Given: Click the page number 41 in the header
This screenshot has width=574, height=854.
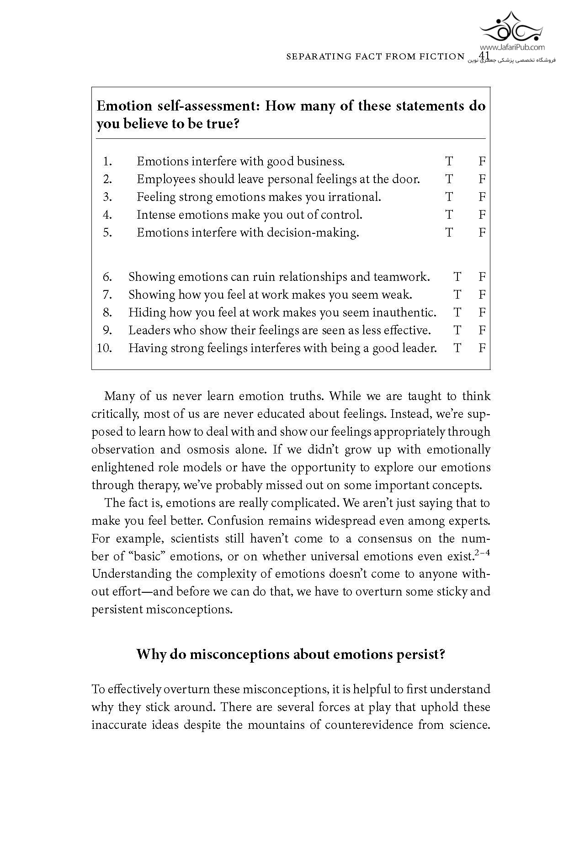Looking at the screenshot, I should tap(484, 56).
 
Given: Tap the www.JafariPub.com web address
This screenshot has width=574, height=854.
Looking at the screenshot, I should tap(512, 47).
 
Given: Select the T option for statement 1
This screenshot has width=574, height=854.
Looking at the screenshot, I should tap(449, 161).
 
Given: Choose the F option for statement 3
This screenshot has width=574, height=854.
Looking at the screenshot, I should tap(482, 197).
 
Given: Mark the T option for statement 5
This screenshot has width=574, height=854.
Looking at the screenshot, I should tap(449, 232).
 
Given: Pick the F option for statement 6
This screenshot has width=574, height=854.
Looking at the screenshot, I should tap(482, 277).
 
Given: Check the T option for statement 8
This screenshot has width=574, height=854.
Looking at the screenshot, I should tap(457, 312).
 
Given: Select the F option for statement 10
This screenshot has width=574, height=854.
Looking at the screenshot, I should tap(482, 348).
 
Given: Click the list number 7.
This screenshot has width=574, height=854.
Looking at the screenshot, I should tap(107, 295).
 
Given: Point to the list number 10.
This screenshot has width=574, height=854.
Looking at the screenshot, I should tap(105, 348).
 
